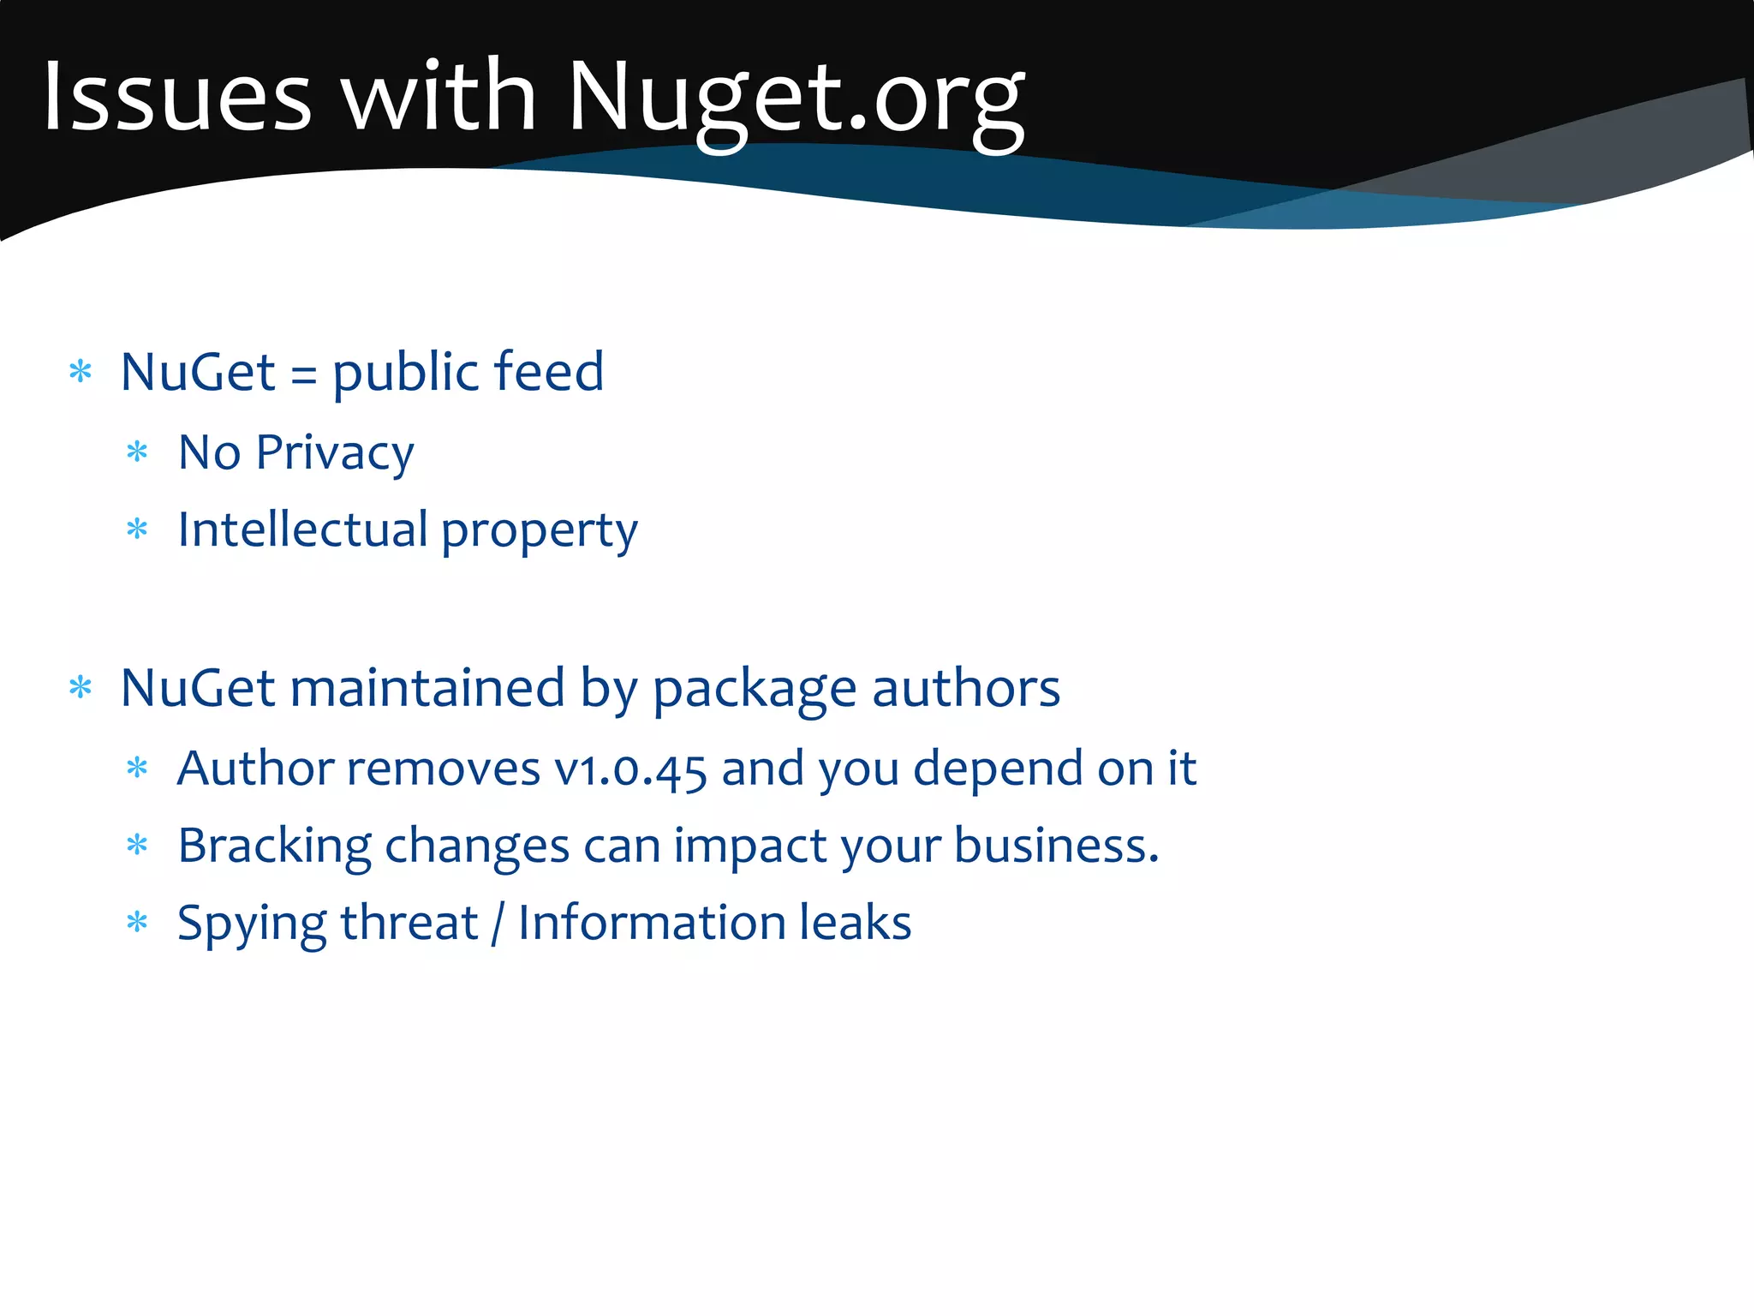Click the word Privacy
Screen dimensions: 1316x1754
click(x=335, y=454)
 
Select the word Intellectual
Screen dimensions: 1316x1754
click(x=302, y=529)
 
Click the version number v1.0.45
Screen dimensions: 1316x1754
click(x=630, y=769)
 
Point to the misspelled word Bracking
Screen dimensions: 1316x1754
click(x=274, y=846)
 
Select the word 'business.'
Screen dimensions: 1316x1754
click(x=1056, y=846)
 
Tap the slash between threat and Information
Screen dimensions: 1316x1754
click(x=498, y=924)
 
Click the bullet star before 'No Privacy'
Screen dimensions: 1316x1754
click(x=137, y=452)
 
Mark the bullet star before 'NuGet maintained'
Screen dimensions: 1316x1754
click(x=81, y=687)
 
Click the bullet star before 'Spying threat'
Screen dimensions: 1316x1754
click(x=137, y=923)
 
